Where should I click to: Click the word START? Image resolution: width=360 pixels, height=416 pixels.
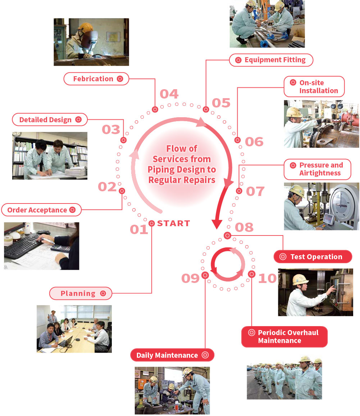coord(173,223)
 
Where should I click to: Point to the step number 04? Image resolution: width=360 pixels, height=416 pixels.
coord(169,94)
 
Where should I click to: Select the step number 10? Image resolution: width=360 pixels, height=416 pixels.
coord(267,278)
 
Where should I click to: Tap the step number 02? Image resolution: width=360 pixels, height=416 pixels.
coord(107,187)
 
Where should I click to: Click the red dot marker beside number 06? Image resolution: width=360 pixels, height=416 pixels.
coord(237,140)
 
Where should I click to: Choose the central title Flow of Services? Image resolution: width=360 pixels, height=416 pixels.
coord(182,164)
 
